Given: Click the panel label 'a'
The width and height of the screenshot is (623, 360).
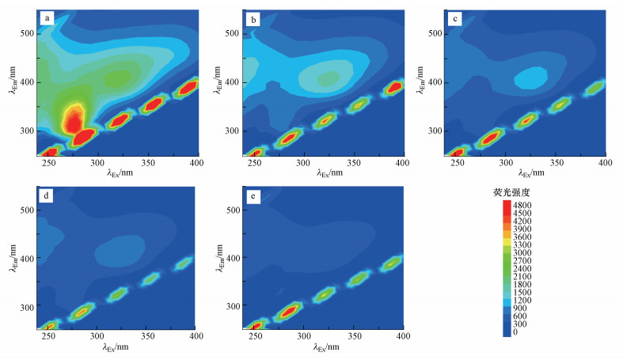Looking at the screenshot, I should point(48,17).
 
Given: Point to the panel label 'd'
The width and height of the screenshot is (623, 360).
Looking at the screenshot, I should point(49,194).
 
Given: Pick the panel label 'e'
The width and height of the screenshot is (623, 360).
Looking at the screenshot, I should point(253,194).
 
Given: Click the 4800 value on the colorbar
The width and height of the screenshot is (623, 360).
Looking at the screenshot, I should point(523,204).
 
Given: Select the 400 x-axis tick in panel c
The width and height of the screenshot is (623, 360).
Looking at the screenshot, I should point(606,163).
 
